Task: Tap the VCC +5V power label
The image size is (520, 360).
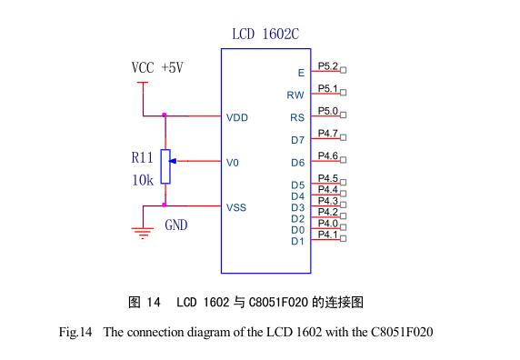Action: click(x=156, y=67)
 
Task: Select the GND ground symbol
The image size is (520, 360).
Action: click(x=142, y=231)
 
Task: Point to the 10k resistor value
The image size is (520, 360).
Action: click(x=143, y=180)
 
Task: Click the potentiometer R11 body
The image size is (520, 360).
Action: click(x=165, y=165)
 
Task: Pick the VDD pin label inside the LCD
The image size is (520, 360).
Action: click(x=237, y=117)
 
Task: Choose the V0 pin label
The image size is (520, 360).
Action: click(x=233, y=163)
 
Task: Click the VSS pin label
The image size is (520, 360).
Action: click(x=236, y=207)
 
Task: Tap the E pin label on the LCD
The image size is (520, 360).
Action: click(x=301, y=73)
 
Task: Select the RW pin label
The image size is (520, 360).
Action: click(x=295, y=95)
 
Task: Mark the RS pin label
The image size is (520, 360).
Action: click(x=296, y=118)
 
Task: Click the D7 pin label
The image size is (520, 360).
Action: click(x=297, y=140)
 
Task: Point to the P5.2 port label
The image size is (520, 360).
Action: click(x=327, y=66)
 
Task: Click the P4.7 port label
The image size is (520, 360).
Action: click(x=327, y=134)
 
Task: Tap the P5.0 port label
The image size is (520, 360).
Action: click(x=327, y=111)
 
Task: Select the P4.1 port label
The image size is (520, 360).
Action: click(x=327, y=235)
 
